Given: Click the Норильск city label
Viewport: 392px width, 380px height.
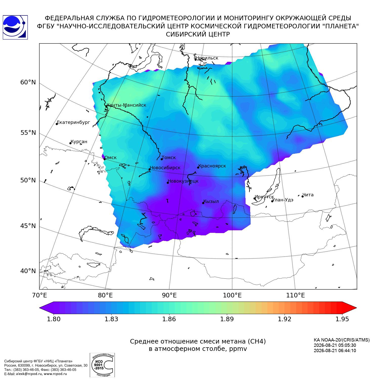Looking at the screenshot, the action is [x=207, y=58].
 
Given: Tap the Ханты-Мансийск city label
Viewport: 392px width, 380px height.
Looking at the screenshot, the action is [x=126, y=105].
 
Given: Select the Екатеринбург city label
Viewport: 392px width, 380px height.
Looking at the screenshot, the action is [x=73, y=123].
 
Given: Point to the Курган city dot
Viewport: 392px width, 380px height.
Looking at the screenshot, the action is [x=71, y=143].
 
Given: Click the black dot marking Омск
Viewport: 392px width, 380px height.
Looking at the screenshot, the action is [x=104, y=159].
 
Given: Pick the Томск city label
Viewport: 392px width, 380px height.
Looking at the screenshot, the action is [x=169, y=158].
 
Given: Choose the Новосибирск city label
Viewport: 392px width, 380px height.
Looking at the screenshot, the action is [x=165, y=168].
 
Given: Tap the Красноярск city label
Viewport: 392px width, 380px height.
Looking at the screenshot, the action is [x=212, y=166].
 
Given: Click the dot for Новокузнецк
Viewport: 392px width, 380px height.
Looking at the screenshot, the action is [x=168, y=183].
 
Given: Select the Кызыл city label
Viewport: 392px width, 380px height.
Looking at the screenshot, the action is [x=211, y=201].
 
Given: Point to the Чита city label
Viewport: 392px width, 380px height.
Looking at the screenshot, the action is [x=308, y=195].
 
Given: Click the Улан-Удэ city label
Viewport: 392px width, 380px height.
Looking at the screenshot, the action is [x=283, y=200].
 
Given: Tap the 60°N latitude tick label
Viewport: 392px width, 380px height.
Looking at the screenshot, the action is [x=28, y=82].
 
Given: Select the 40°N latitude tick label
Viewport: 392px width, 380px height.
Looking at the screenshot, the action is [x=28, y=271].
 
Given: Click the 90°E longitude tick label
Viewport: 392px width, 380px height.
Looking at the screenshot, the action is [x=169, y=295].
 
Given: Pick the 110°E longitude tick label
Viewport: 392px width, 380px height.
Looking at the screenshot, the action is [x=295, y=295].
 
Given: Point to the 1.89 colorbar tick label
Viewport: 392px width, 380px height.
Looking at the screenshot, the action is [x=227, y=319].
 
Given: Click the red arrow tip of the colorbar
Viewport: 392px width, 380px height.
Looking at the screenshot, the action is [x=357, y=308].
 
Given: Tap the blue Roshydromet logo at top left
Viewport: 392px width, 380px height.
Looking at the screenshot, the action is [x=15, y=27].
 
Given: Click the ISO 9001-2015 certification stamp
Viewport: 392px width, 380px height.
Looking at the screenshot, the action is [x=102, y=365].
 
